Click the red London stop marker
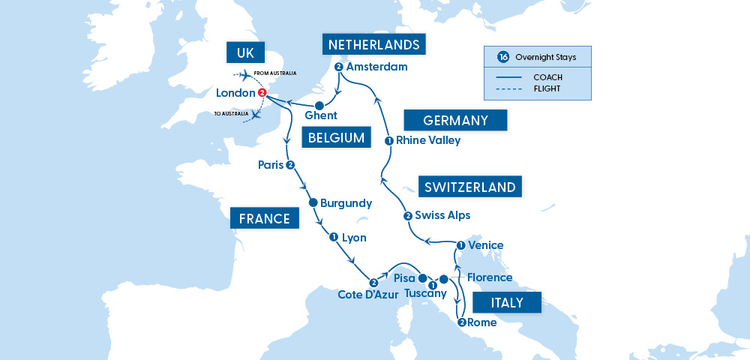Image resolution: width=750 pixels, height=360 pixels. click(x=262, y=93)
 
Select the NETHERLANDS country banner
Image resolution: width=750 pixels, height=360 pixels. click(x=374, y=44)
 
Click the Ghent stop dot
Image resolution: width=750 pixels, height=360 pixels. click(x=319, y=106)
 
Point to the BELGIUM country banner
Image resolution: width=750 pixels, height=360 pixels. click(x=336, y=138)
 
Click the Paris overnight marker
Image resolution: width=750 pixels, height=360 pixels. click(x=289, y=165)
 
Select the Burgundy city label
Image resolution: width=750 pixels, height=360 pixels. click(x=346, y=202)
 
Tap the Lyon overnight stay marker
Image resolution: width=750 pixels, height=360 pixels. click(x=332, y=237)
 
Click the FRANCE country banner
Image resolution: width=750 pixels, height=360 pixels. click(x=264, y=219)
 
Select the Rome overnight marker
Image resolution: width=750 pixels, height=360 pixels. click(x=461, y=322)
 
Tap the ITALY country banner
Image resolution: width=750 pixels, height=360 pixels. click(x=508, y=304)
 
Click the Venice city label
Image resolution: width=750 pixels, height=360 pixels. click(x=485, y=245)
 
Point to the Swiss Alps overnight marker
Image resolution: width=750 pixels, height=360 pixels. click(x=407, y=216)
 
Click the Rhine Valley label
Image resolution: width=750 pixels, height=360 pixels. click(x=428, y=140)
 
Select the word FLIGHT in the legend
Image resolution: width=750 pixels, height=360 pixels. click(x=547, y=88)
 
